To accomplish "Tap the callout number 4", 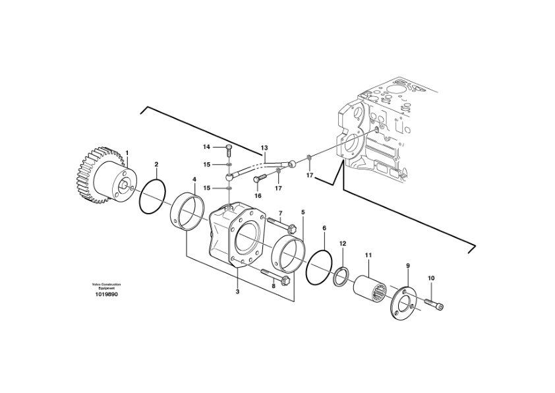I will click(194, 179).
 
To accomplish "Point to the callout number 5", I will click(303, 212).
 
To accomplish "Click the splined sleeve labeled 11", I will click(373, 287).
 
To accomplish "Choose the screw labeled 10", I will click(435, 303).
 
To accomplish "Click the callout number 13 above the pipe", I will click(264, 148).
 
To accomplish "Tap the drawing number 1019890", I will click(107, 294).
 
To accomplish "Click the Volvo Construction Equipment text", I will click(107, 286).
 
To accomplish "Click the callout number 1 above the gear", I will click(127, 153).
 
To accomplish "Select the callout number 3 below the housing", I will click(237, 291).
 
